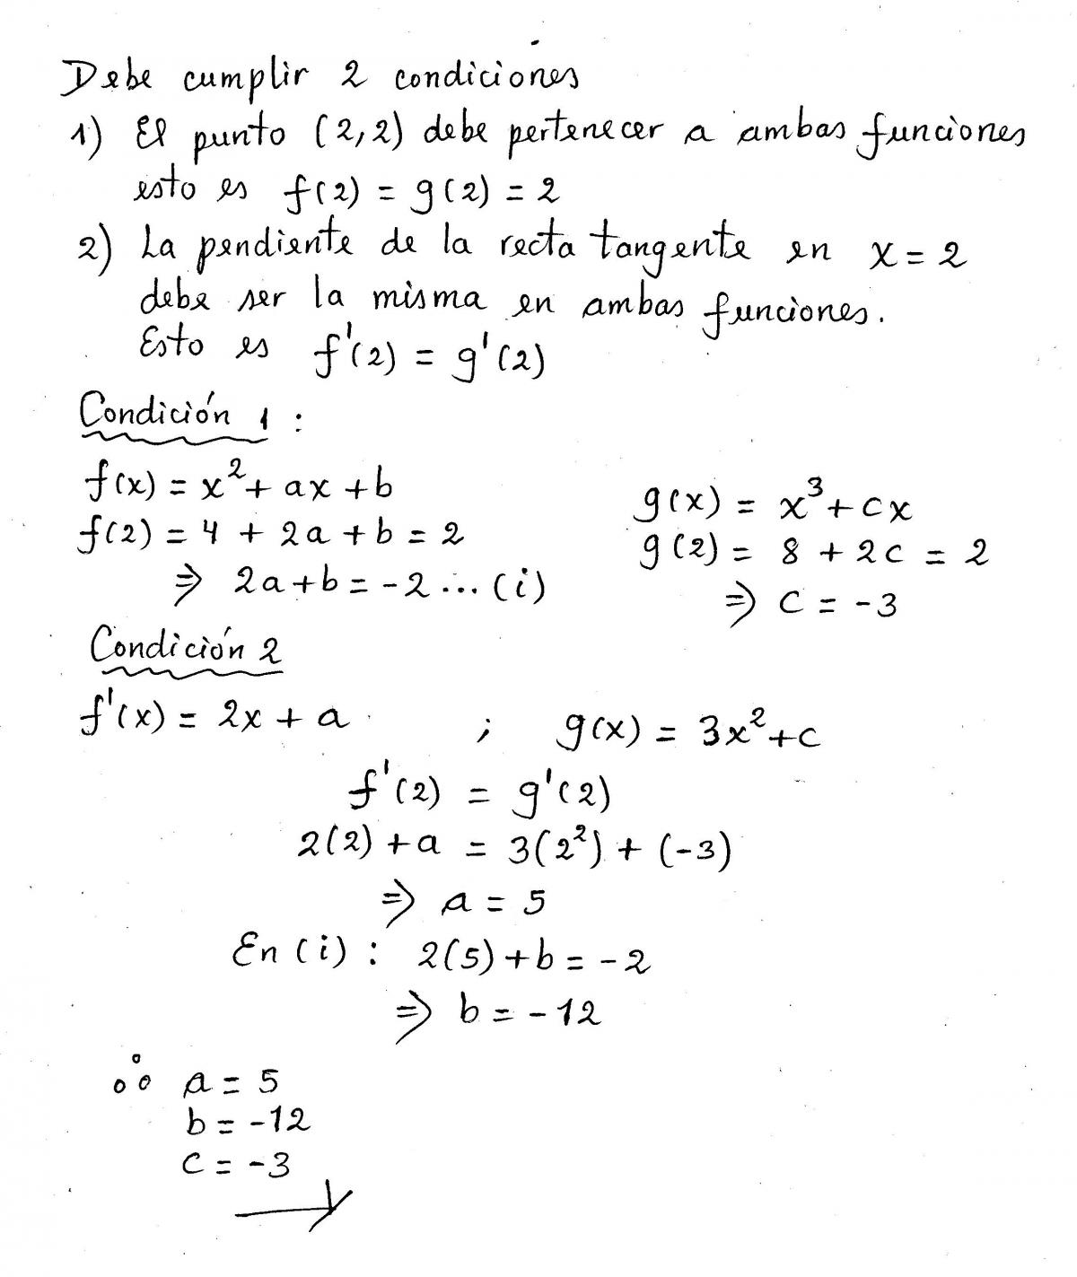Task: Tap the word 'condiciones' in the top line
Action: (486, 81)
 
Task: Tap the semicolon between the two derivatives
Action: (486, 735)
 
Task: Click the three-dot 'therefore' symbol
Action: (133, 1076)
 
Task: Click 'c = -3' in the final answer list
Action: (235, 1164)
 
